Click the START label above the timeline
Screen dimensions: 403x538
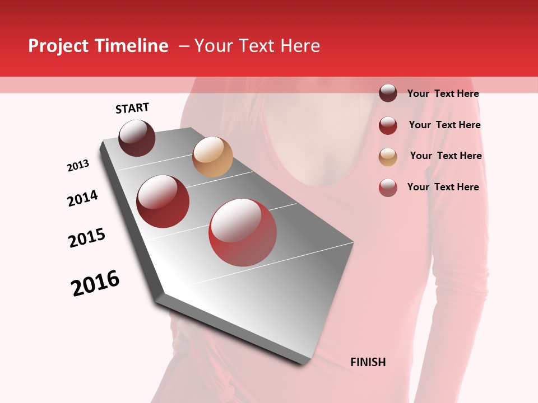pyautogui.click(x=132, y=108)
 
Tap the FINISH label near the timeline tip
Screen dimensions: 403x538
pyautogui.click(x=368, y=362)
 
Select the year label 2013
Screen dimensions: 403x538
pyautogui.click(x=78, y=166)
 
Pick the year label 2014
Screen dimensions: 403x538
pyautogui.click(x=82, y=198)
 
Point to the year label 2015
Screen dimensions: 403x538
pyautogui.click(x=87, y=238)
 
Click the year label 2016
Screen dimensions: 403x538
pyautogui.click(x=95, y=283)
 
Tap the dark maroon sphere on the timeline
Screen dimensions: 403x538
pyautogui.click(x=137, y=138)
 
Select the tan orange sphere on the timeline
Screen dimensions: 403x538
pyautogui.click(x=212, y=157)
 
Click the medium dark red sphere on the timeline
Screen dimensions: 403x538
pyautogui.click(x=163, y=201)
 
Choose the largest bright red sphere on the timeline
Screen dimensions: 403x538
pyautogui.click(x=243, y=232)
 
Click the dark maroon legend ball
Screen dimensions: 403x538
pyautogui.click(x=388, y=93)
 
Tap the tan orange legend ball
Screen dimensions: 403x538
pyautogui.click(x=388, y=157)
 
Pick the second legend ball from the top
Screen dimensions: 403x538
pyautogui.click(x=388, y=125)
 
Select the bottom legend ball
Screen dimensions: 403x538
pyautogui.click(x=388, y=188)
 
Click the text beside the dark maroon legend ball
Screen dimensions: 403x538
pyautogui.click(x=443, y=93)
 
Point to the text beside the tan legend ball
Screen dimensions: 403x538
pyautogui.click(x=446, y=156)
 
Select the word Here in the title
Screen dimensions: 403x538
pyautogui.click(x=300, y=46)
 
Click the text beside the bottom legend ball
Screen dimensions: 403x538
pyautogui.click(x=443, y=187)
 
